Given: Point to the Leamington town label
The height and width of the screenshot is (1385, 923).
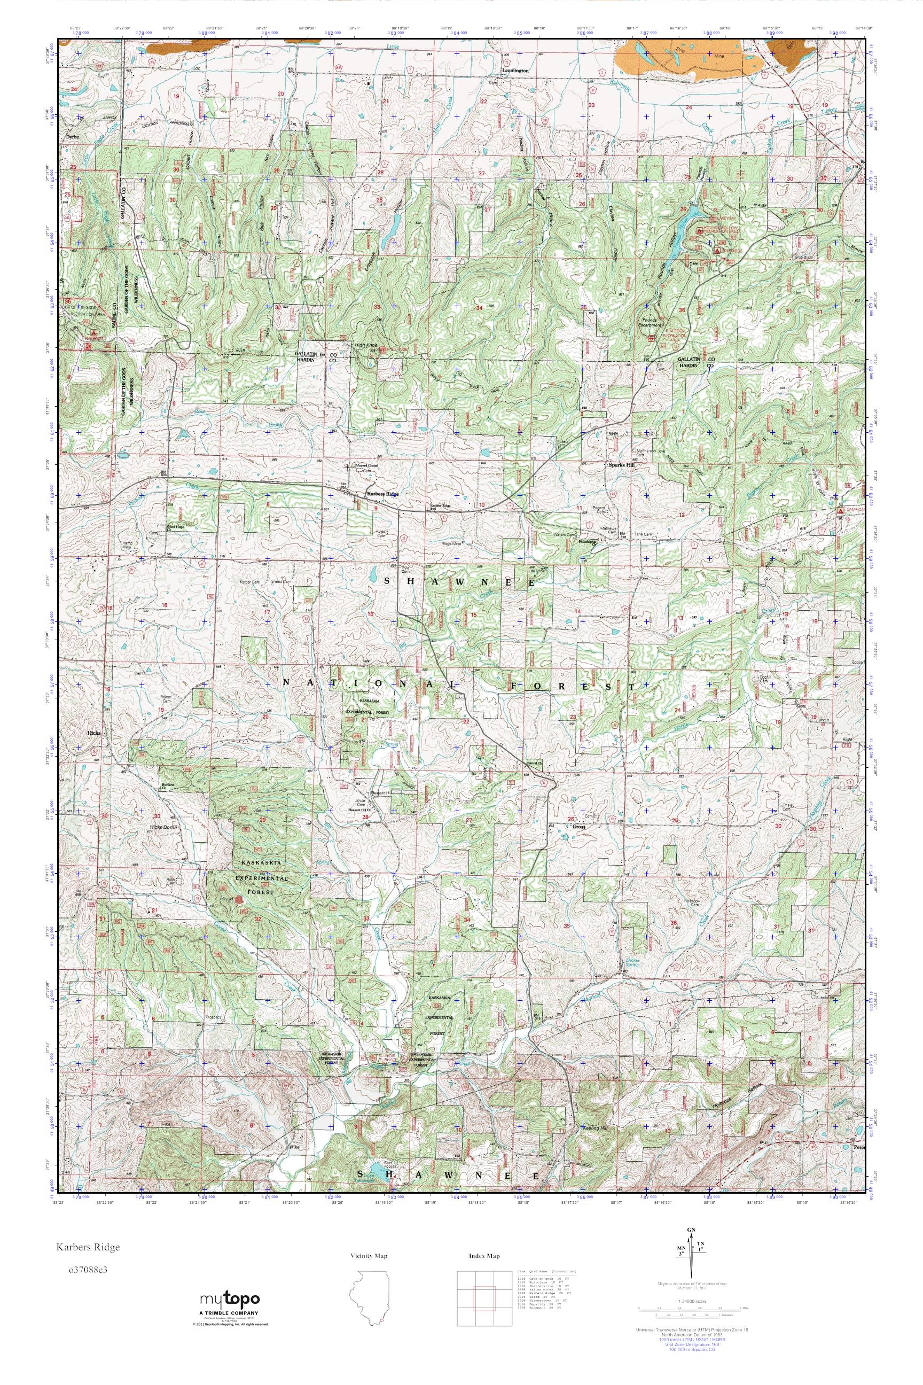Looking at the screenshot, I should pyautogui.click(x=515, y=70).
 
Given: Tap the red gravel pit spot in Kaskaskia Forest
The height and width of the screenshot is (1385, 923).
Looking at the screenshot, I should pyautogui.click(x=238, y=900).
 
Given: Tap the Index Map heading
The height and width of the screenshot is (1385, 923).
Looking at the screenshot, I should pyautogui.click(x=484, y=1256).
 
